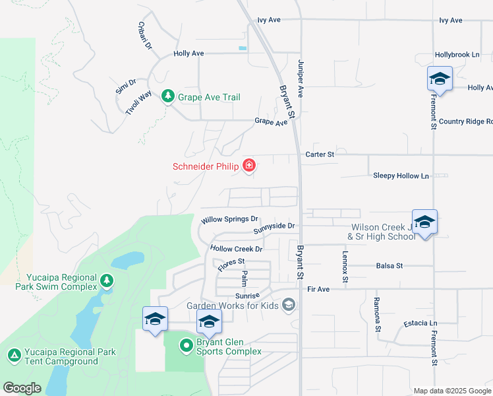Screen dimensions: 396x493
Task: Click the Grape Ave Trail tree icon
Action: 168,97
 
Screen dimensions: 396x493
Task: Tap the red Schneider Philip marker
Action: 249,166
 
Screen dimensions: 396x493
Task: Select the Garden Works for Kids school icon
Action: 288,305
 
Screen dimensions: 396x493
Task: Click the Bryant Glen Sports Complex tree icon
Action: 187,345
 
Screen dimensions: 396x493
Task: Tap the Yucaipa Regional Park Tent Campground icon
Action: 14,356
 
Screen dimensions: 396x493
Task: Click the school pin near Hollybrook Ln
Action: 440,80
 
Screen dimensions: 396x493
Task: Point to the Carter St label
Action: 320,154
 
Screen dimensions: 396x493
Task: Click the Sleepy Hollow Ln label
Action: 401,176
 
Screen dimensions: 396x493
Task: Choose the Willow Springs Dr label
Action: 229,219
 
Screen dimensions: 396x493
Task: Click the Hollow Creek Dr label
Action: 236,249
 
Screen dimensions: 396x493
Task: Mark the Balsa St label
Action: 389,266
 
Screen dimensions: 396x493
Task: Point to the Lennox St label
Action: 344,263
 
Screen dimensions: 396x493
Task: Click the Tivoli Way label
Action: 138,104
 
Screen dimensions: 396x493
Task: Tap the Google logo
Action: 22,388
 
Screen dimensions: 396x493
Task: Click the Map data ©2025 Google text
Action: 452,391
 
